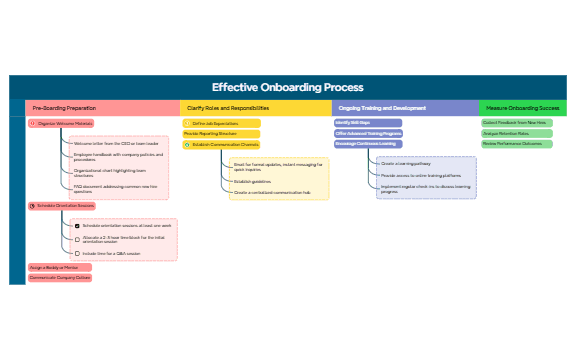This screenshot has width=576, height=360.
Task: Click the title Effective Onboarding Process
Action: point(287,87)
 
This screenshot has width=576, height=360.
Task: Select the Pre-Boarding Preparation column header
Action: point(64,107)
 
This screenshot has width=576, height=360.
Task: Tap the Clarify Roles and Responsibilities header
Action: point(229,107)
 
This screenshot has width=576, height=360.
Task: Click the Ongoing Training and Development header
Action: point(382,107)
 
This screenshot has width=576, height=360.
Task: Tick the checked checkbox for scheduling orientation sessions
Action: point(78,226)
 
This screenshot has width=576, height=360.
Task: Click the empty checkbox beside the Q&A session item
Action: point(78,253)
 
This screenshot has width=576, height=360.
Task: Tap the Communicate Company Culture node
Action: point(60,278)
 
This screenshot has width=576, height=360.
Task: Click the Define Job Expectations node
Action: point(220,123)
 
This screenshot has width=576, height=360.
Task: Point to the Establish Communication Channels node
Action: point(224,144)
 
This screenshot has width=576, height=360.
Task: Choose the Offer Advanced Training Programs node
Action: point(368,133)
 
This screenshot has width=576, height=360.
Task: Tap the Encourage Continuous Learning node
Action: point(366,144)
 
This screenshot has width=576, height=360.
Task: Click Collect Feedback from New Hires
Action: point(515,123)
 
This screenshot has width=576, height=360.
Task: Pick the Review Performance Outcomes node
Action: point(512,143)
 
